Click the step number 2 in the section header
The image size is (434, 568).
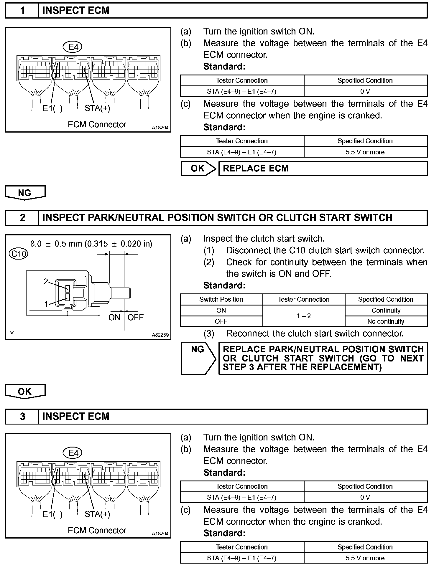tap(22, 218)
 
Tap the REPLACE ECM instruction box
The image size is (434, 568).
tap(323, 169)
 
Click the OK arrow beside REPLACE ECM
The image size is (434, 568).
tap(198, 169)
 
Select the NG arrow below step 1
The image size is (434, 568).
tap(25, 193)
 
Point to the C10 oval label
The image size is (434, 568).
tap(18, 254)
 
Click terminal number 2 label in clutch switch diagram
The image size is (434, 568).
tap(46, 282)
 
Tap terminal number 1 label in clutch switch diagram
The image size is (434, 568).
tap(46, 304)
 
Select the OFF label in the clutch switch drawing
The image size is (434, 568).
tap(135, 317)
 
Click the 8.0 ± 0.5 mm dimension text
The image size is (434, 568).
tap(91, 244)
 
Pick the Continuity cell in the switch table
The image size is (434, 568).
tap(386, 310)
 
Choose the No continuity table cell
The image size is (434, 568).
tap(386, 321)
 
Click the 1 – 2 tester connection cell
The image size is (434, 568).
tap(304, 316)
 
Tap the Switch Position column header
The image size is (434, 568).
tap(221, 299)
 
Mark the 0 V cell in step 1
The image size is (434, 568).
tap(365, 91)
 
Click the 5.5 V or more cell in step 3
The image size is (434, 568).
tap(365, 558)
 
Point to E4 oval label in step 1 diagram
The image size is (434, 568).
tap(73, 47)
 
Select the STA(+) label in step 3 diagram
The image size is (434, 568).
tap(97, 514)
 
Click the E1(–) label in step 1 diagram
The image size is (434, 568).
tap(52, 108)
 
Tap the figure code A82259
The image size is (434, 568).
tap(160, 335)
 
